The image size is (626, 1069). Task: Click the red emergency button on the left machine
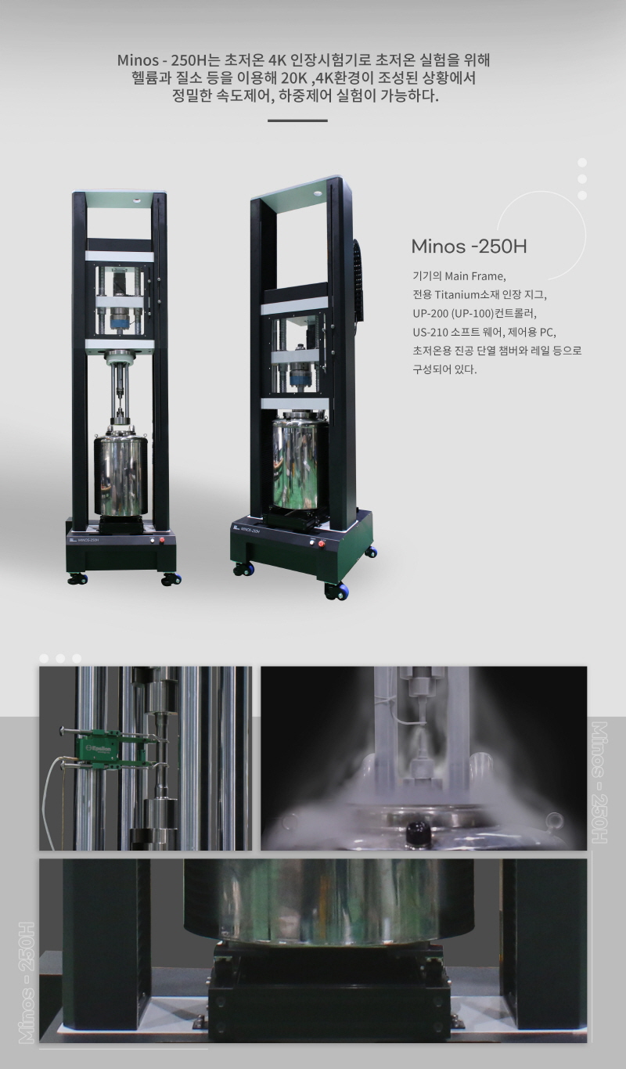(x=162, y=540)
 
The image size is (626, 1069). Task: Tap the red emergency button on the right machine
(x=322, y=544)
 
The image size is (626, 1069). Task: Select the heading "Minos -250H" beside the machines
(x=469, y=247)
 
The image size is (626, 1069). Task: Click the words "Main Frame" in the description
(x=475, y=276)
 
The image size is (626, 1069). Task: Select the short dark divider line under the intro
(x=297, y=121)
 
